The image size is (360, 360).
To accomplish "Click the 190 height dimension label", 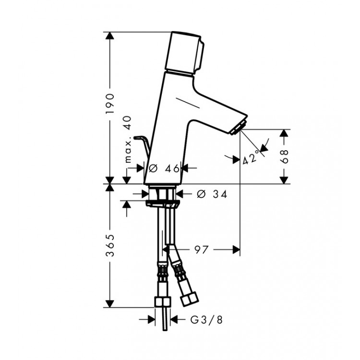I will tap(110, 102).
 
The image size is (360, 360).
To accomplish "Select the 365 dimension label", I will tap(110, 246).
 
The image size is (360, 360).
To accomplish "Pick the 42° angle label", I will tap(251, 158).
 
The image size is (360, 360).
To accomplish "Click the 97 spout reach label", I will tap(202, 249).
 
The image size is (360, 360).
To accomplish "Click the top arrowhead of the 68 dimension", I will tap(285, 133).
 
